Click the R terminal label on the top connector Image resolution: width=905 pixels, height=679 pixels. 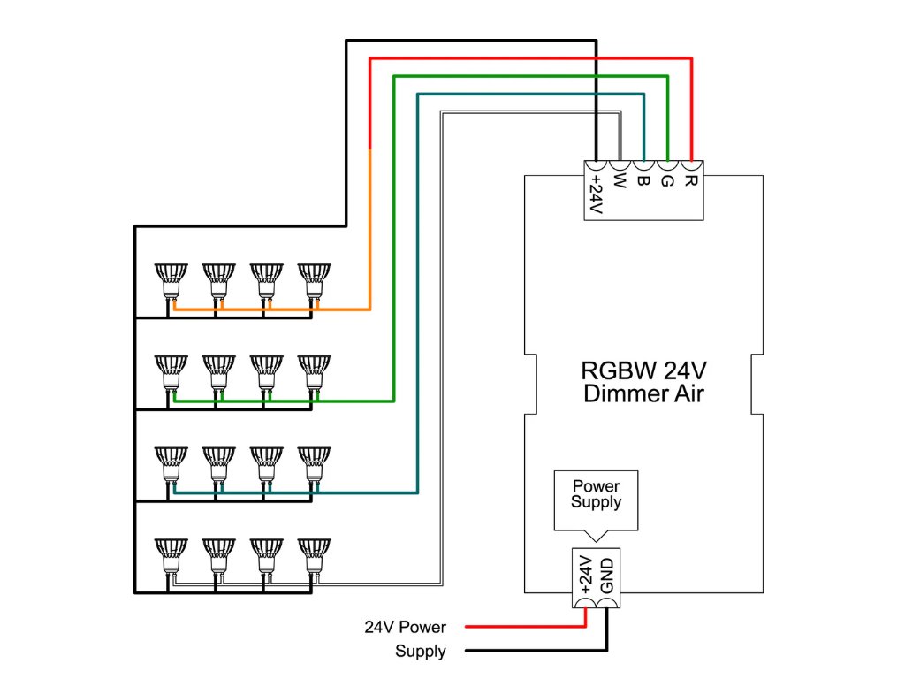[x=692, y=182]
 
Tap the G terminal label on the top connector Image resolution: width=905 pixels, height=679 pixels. [x=667, y=182]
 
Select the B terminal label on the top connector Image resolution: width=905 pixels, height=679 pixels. [x=643, y=182]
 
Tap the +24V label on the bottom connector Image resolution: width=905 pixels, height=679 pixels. [x=584, y=574]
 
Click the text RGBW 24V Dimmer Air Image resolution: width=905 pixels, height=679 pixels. [x=643, y=381]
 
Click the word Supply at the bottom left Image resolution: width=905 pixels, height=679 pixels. [x=421, y=652]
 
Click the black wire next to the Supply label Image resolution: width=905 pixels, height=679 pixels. [x=530, y=652]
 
